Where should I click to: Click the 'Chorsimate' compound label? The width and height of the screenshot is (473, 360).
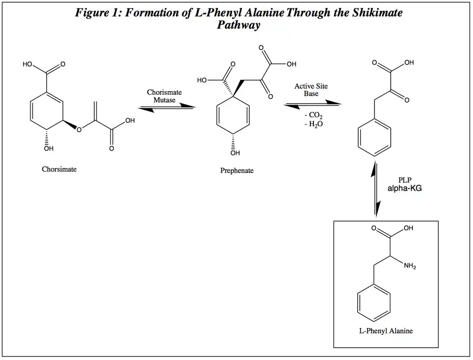(59, 169)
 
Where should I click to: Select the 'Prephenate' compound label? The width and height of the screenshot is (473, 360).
(236, 171)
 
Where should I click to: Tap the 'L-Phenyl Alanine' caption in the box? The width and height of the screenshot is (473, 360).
(386, 331)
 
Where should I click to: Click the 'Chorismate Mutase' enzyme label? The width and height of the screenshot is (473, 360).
(164, 96)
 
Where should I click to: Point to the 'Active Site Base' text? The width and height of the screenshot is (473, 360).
(311, 90)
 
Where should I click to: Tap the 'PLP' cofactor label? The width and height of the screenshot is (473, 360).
(405, 180)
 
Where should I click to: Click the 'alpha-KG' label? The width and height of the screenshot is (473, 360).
(404, 188)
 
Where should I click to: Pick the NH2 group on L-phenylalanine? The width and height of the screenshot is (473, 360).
(410, 267)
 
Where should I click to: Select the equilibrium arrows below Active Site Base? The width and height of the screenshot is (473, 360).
(312, 104)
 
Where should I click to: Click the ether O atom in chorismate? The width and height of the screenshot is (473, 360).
(78, 129)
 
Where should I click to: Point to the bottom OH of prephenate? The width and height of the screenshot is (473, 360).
(235, 153)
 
